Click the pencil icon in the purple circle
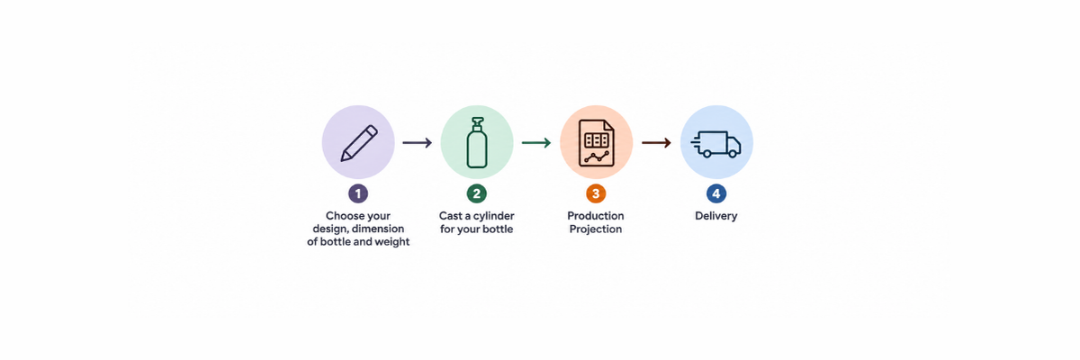coord(359,143)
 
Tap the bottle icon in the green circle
coord(477,143)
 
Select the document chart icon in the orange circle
coord(597,143)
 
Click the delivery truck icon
coord(716,144)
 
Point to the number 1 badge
coord(358,193)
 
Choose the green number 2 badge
coord(477,193)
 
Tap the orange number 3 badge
coord(596,193)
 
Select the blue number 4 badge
coord(716,193)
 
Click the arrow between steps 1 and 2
coord(418,143)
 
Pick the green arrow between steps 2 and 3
coord(536,143)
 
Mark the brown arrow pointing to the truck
coord(656,143)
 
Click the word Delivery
coord(716,216)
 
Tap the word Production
coord(596,216)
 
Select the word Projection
coord(596,229)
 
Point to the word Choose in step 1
coord(342,216)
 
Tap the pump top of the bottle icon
coord(477,124)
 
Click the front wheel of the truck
coord(733,154)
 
